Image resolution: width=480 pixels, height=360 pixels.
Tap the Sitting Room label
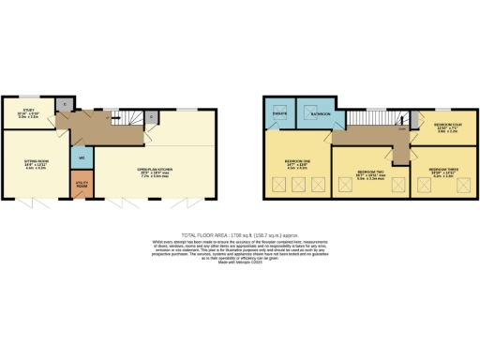[35, 163]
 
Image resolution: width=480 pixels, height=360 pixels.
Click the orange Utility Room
[82, 187]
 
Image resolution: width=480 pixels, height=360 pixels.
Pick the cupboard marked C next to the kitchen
[152, 118]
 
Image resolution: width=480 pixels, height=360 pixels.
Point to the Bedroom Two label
[370, 174]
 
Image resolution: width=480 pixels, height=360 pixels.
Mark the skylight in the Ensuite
[278, 103]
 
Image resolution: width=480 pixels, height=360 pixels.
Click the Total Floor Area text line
[240, 234]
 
